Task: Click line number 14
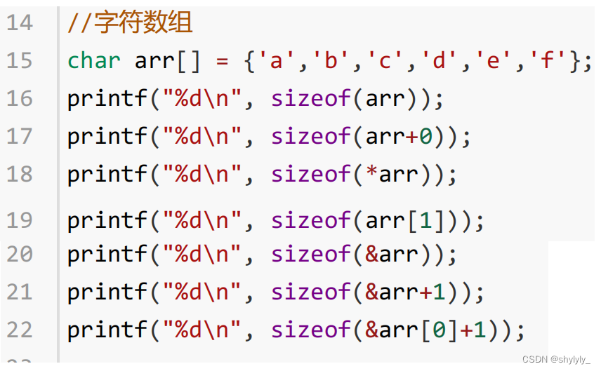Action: coord(20,23)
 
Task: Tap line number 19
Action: coord(20,221)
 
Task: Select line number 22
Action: coord(20,329)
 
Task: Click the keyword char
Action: coord(94,61)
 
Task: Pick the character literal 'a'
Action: coord(277,61)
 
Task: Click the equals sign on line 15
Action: coord(223,61)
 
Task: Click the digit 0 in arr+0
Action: coord(426,137)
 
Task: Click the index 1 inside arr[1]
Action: coord(426,221)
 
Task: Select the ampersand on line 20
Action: coord(371,255)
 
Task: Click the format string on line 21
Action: coord(202,292)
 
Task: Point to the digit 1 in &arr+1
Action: coord(440,292)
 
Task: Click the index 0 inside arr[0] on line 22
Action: coord(440,329)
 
